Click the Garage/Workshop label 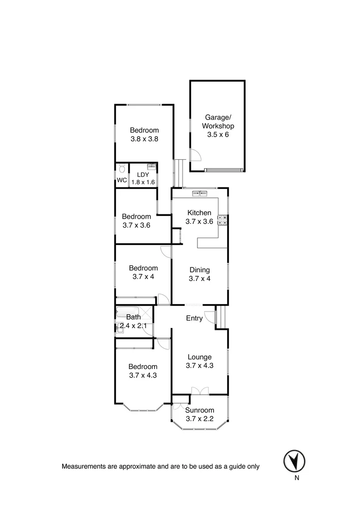[218, 126]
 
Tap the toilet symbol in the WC [122, 168]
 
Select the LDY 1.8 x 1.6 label [143, 178]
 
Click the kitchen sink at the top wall [200, 193]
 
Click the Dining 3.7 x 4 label [199, 274]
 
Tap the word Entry [194, 318]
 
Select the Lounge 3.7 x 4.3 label [199, 361]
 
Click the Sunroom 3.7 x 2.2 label [199, 414]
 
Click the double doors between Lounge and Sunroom [200, 391]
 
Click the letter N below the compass [296, 478]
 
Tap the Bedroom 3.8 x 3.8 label [144, 134]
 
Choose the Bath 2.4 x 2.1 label [133, 321]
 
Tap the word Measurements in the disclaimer [83, 467]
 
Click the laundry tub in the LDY [152, 166]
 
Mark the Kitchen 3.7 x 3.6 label [199, 217]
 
